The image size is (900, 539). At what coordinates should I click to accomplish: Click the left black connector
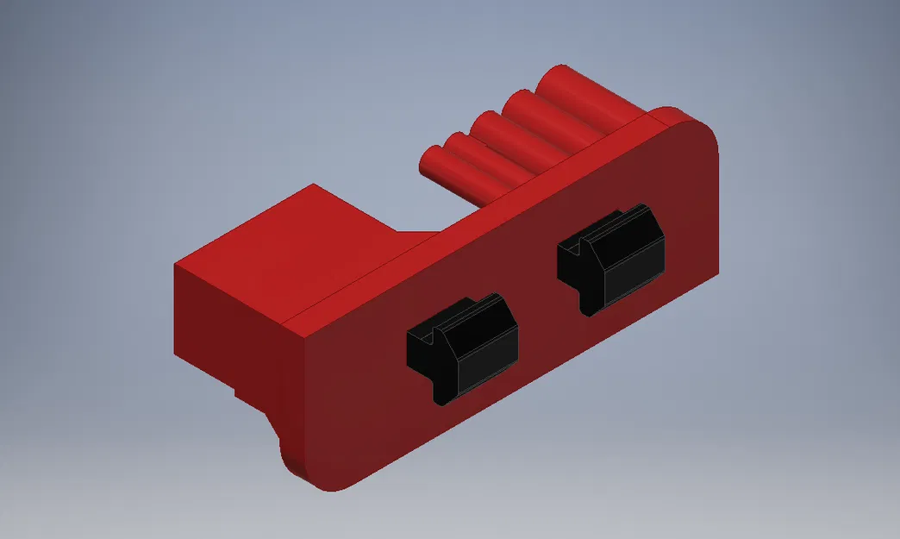[x=461, y=349]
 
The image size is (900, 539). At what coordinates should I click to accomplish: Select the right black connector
[x=612, y=259]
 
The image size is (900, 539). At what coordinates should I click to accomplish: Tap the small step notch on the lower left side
[x=241, y=392]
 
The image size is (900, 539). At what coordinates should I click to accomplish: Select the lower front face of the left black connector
[x=487, y=371]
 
